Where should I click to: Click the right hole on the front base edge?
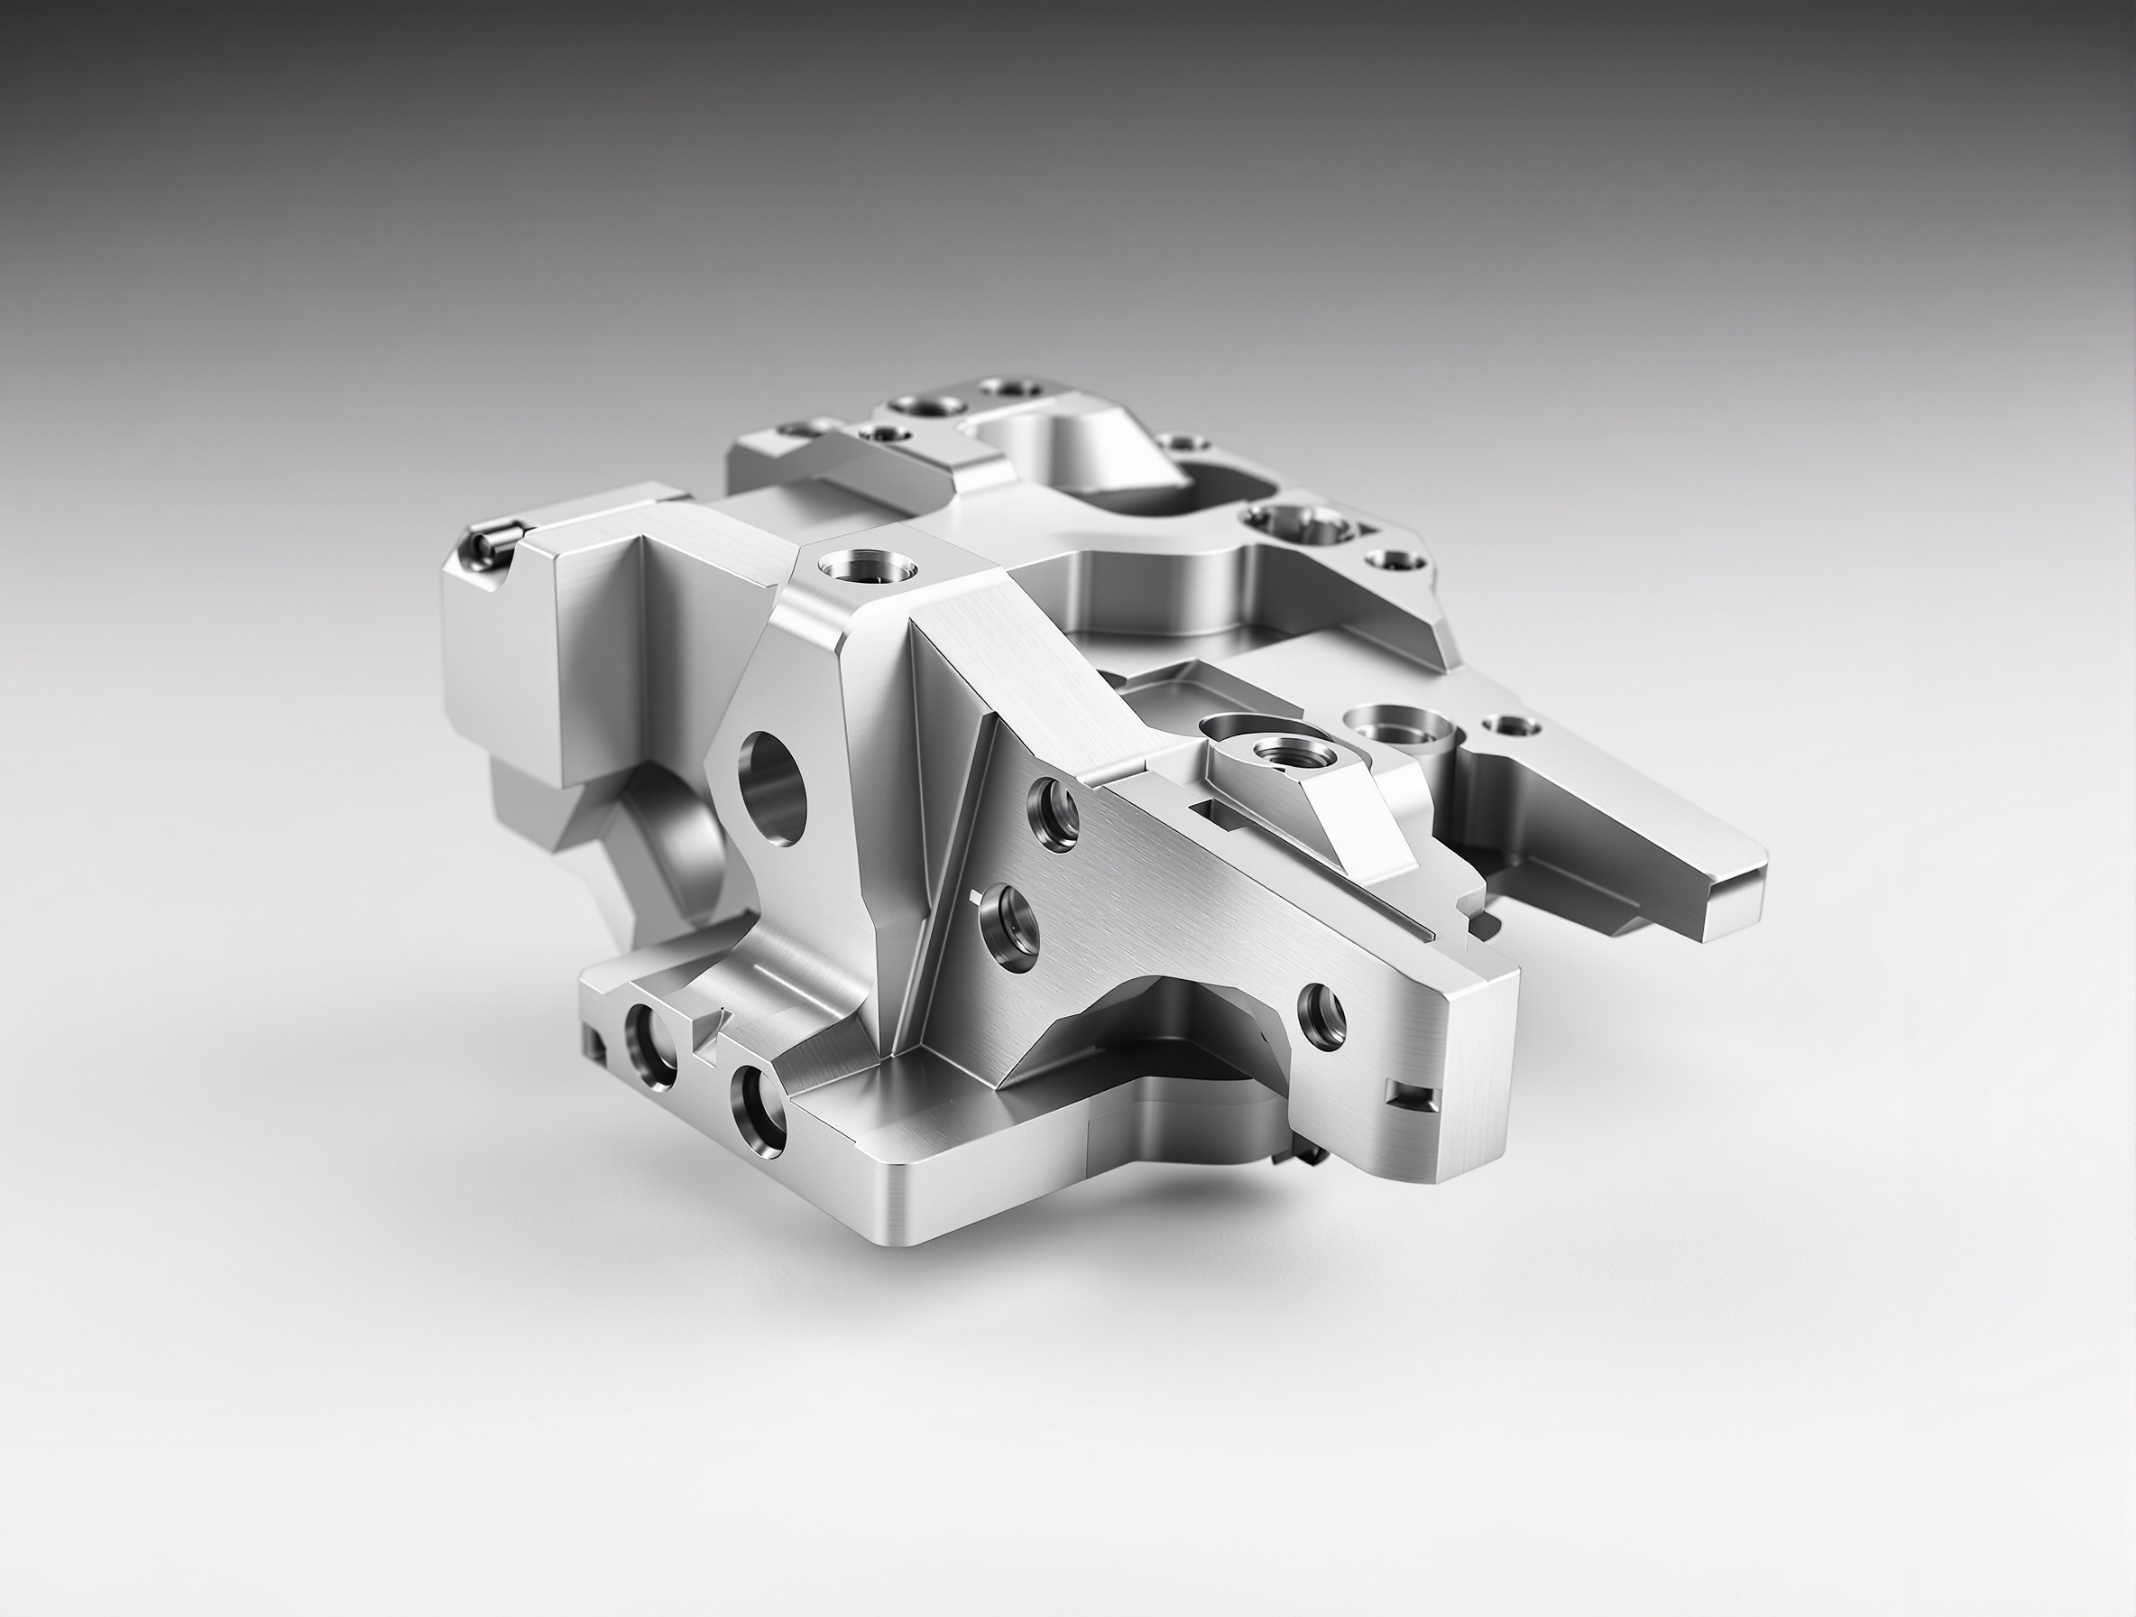(x=758, y=1113)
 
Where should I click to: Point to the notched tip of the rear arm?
(x=1728, y=893)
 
